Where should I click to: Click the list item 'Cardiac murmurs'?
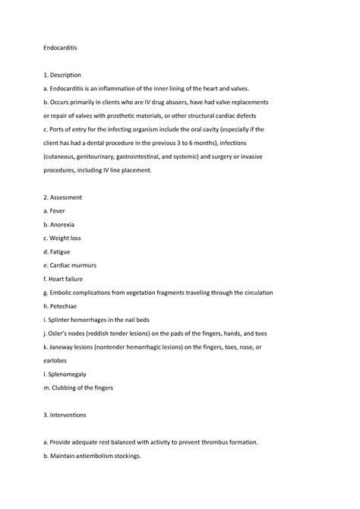point(77,266)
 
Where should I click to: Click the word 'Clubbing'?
point(72,388)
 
